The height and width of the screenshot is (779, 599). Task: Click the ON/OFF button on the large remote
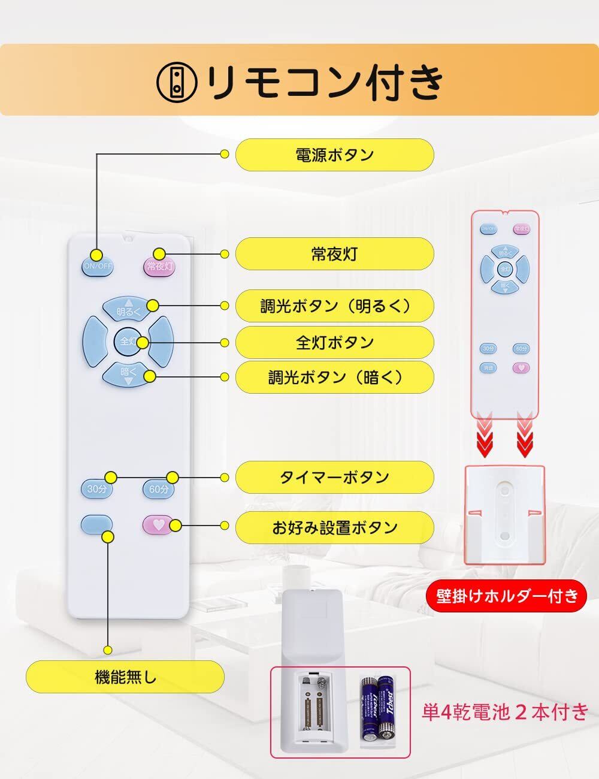tap(97, 265)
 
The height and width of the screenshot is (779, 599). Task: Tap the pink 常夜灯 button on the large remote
tap(159, 265)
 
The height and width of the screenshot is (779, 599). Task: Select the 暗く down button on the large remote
tap(128, 373)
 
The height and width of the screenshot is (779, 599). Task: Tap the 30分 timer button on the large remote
tap(96, 489)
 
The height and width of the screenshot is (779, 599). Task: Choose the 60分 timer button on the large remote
tap(159, 489)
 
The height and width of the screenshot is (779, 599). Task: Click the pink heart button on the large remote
tap(158, 525)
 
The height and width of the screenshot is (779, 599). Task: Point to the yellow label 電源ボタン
tap(334, 155)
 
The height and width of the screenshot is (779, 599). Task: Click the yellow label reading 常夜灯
tap(334, 253)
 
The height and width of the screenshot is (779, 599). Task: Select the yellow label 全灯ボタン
tap(334, 342)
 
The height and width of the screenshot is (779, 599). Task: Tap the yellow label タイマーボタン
tap(334, 477)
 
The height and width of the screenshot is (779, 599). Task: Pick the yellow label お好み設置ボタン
tap(334, 527)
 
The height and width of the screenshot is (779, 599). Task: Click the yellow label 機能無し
tap(125, 677)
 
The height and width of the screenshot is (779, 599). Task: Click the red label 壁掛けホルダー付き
tap(507, 596)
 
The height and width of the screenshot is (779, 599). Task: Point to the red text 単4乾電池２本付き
tap(504, 712)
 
